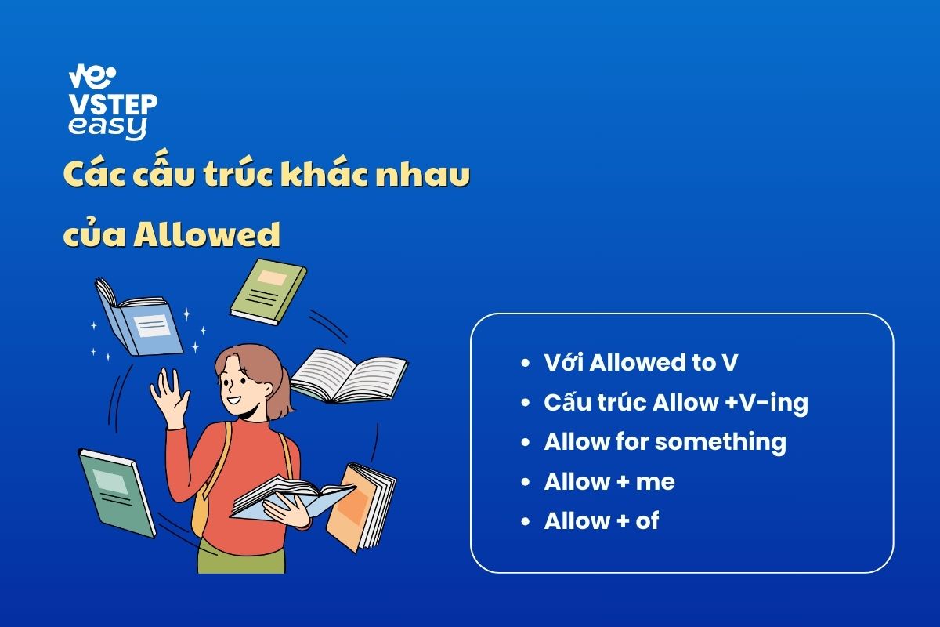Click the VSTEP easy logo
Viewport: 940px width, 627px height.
pyautogui.click(x=113, y=102)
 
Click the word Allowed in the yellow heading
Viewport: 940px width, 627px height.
pyautogui.click(x=207, y=234)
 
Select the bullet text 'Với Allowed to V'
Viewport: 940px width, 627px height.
pyautogui.click(x=641, y=362)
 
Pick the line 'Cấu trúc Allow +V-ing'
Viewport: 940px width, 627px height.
pyautogui.click(x=675, y=403)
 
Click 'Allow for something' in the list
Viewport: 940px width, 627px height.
pyautogui.click(x=665, y=442)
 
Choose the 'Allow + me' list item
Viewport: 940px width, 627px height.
pyautogui.click(x=609, y=481)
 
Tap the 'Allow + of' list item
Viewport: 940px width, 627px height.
pyautogui.click(x=602, y=520)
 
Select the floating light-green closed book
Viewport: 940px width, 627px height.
pyautogui.click(x=269, y=292)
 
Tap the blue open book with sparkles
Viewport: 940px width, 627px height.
pyautogui.click(x=139, y=318)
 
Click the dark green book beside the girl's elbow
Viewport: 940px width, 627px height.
pyautogui.click(x=117, y=493)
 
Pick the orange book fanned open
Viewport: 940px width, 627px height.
pyautogui.click(x=361, y=507)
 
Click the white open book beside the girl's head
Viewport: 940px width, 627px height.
pyautogui.click(x=349, y=377)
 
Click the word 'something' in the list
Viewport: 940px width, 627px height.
pyautogui.click(x=721, y=443)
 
